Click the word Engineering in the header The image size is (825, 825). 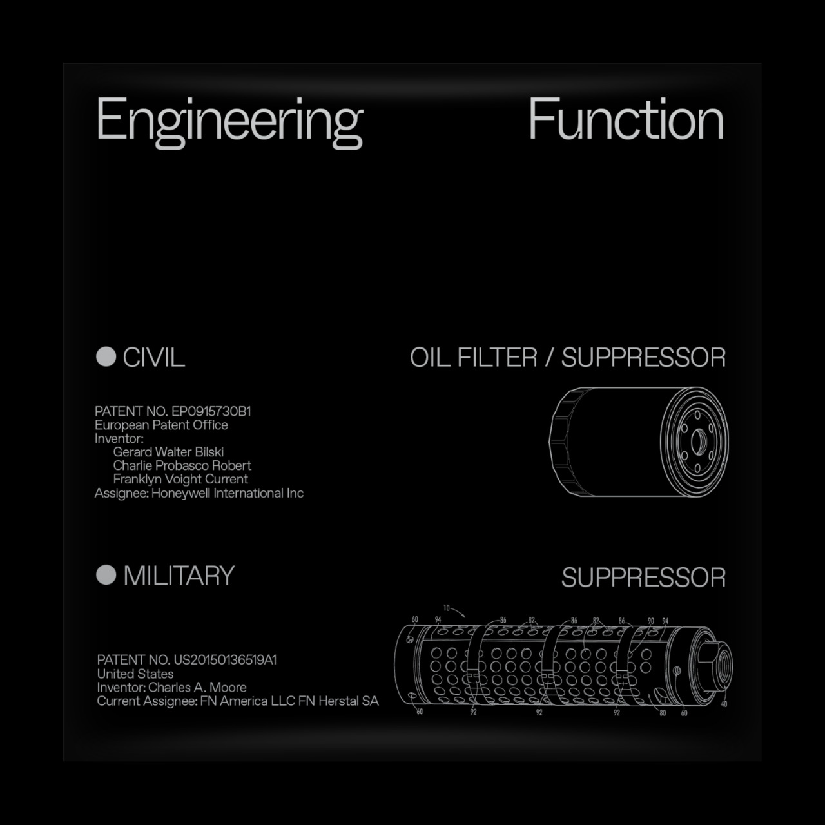pos(230,121)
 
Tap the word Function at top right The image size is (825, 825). pos(626,119)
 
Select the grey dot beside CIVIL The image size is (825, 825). pos(106,356)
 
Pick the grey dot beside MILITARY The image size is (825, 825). pos(106,574)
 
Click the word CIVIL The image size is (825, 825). pos(153,357)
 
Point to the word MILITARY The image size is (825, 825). pos(179,575)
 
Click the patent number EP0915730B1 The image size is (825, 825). pos(211,411)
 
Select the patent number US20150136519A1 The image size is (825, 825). pos(225,660)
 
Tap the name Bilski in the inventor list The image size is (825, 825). pos(209,452)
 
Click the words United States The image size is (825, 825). pos(135,674)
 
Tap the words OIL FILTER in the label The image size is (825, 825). pos(474,358)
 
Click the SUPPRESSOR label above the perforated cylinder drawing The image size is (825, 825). pos(643,577)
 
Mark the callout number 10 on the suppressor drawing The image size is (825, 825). pos(447,608)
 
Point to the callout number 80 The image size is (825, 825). pos(663,713)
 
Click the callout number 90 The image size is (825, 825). pos(651,621)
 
